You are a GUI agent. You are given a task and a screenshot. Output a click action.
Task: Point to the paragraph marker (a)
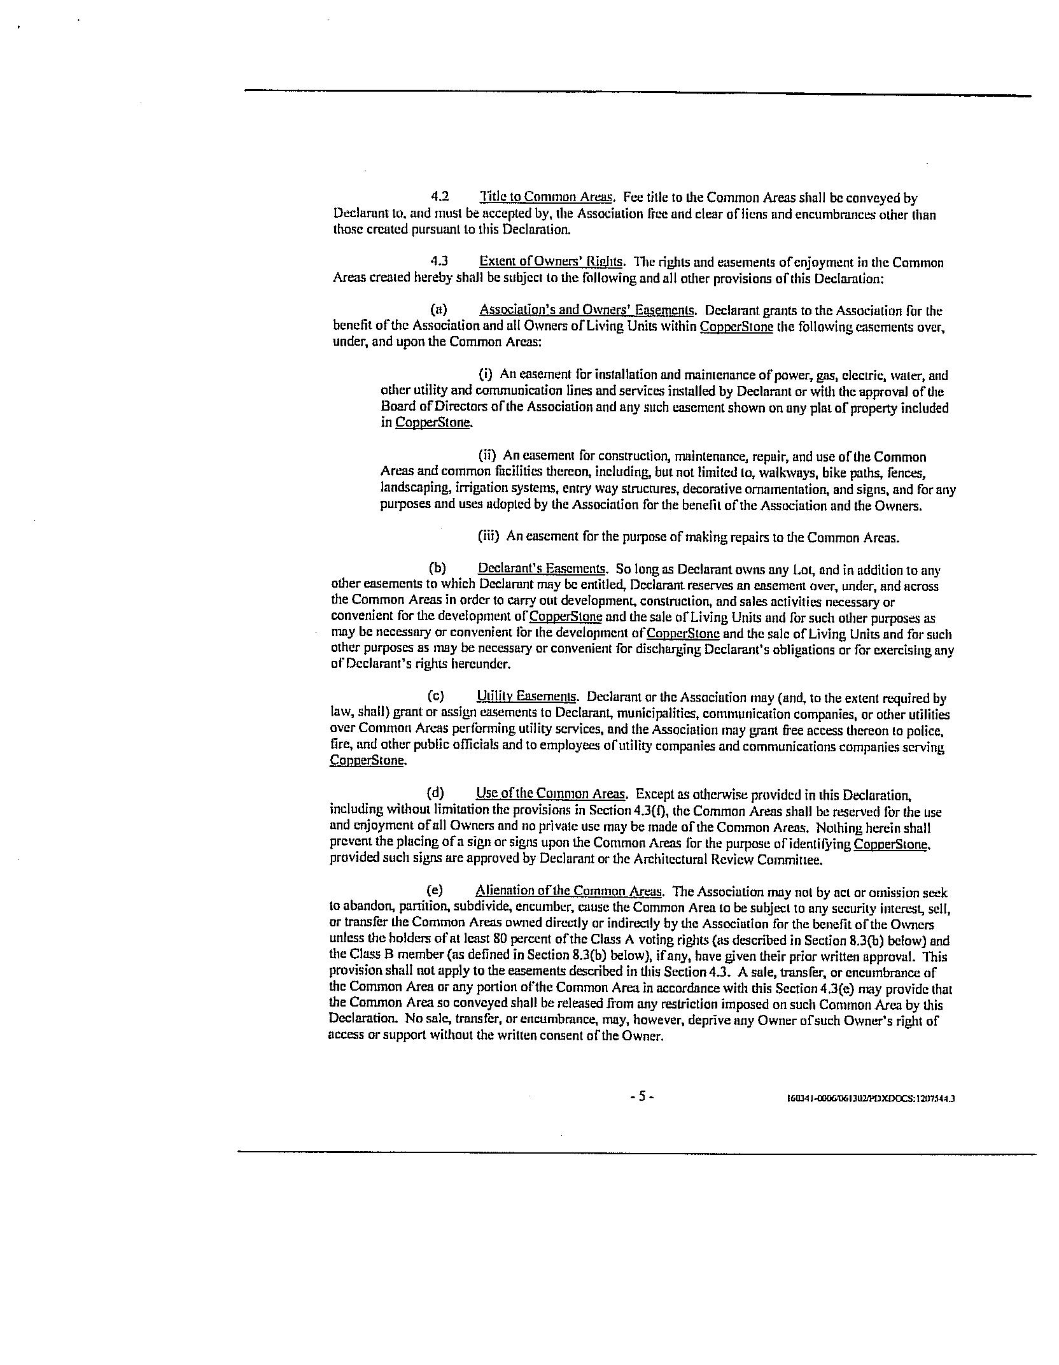click(x=438, y=310)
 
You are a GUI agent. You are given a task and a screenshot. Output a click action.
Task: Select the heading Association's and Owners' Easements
click(x=586, y=310)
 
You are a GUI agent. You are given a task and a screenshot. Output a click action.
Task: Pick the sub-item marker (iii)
click(x=488, y=536)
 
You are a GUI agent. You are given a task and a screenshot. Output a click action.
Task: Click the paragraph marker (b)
click(x=437, y=569)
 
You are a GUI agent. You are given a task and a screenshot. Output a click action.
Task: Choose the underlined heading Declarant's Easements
click(x=541, y=569)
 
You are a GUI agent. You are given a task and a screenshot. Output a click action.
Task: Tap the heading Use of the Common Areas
click(x=551, y=793)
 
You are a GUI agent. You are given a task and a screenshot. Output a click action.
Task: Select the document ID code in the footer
click(x=871, y=1098)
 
